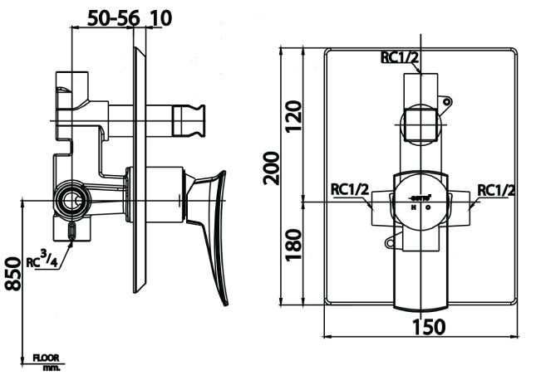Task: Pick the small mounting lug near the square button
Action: (x=447, y=104)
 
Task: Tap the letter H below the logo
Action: (x=414, y=208)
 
